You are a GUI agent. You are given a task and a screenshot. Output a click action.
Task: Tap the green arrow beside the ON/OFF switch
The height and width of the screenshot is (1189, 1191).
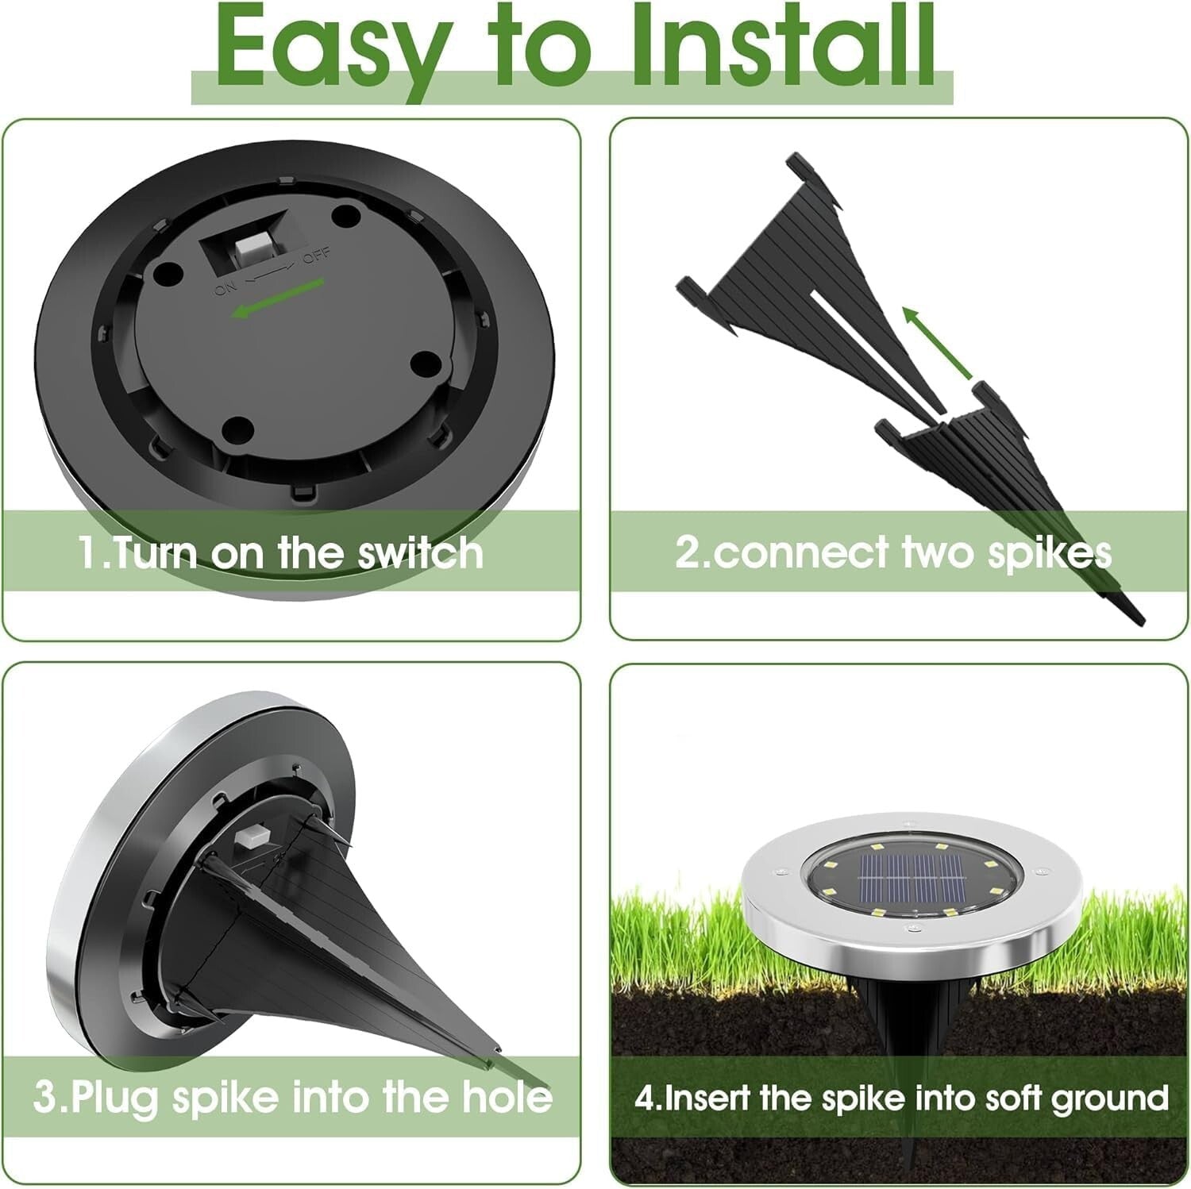point(278,298)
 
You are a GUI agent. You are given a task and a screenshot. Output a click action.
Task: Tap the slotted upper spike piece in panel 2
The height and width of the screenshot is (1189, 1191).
point(794,270)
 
